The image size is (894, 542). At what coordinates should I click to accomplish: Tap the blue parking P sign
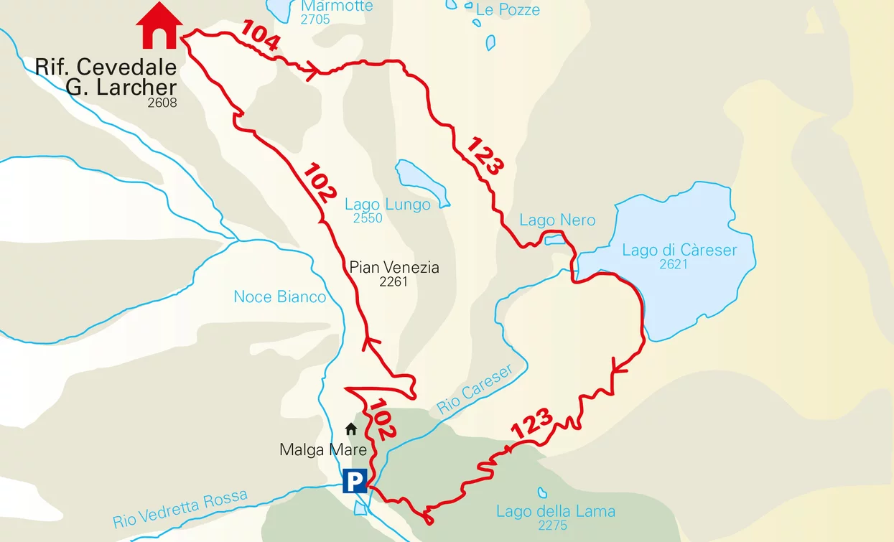[355, 480]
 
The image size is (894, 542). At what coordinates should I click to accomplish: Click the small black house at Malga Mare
[351, 429]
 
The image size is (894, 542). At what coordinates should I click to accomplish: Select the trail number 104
[260, 36]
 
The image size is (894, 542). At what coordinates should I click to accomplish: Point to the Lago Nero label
[557, 220]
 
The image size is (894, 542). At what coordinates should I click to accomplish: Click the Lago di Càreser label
[679, 250]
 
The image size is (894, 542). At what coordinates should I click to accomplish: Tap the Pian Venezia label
[394, 268]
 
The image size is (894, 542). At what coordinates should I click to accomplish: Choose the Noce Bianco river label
[280, 296]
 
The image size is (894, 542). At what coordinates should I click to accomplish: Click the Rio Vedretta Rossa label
[180, 508]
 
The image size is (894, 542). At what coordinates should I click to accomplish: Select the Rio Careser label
[475, 388]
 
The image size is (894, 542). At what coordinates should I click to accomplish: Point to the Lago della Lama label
[556, 511]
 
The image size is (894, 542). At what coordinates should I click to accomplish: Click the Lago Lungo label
[388, 205]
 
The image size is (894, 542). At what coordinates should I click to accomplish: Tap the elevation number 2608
[162, 103]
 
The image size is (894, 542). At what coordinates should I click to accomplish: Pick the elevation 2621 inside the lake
[674, 264]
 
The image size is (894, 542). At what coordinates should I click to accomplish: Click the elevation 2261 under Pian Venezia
[394, 281]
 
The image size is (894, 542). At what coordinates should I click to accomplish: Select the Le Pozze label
[507, 9]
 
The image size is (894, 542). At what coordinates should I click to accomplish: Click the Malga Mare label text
[323, 450]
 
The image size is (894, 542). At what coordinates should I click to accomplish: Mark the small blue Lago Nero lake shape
[554, 239]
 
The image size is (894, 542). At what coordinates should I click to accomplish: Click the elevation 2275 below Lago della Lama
[553, 525]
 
